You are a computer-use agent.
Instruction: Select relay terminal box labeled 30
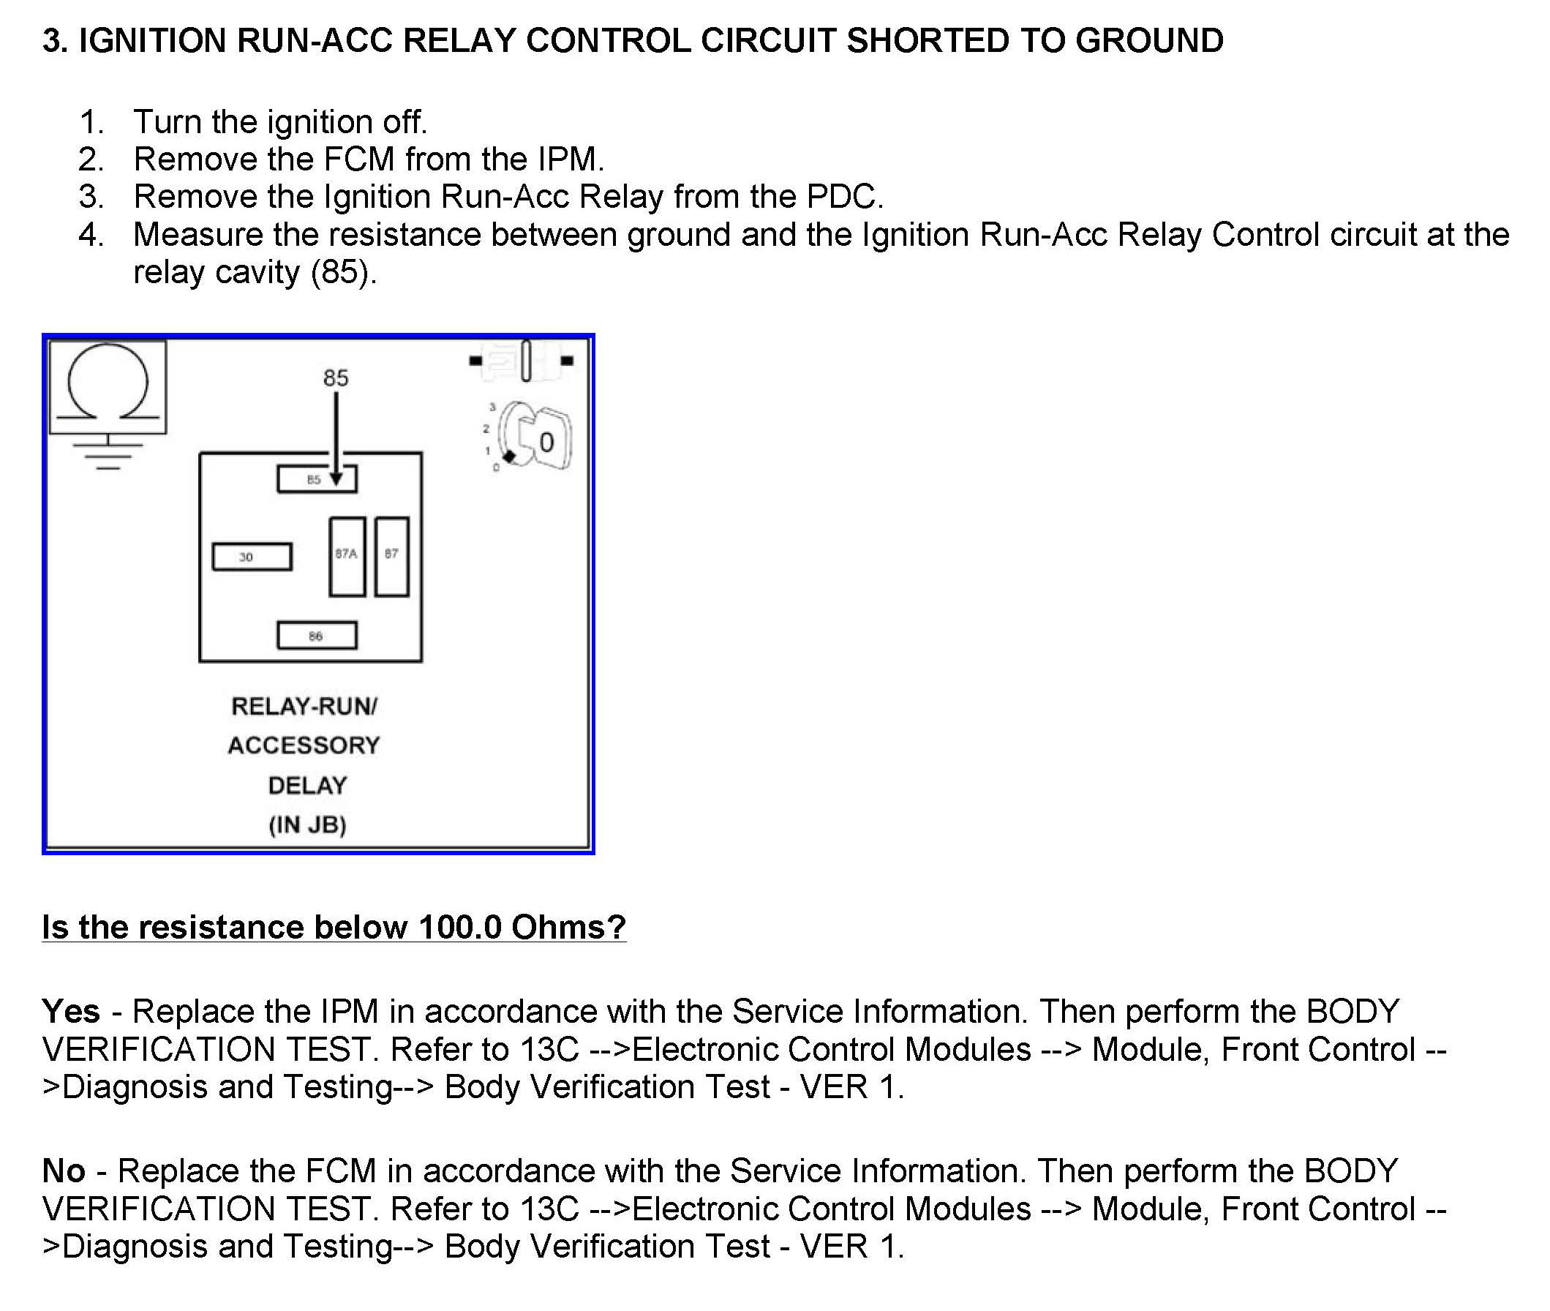click(x=252, y=557)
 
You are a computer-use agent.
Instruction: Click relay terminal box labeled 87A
click(x=347, y=557)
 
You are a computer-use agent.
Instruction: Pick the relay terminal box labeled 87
click(x=391, y=557)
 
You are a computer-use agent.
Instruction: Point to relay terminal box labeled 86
click(x=317, y=636)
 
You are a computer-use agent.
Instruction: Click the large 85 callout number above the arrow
click(x=336, y=377)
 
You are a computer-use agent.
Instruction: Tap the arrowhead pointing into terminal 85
click(x=336, y=479)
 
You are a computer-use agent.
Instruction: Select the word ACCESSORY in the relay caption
click(x=304, y=745)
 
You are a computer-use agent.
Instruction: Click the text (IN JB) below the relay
click(x=308, y=824)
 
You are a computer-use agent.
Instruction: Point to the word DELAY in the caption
click(x=308, y=785)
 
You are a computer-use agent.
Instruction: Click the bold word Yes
click(x=71, y=1011)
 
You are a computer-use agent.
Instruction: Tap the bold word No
click(x=64, y=1170)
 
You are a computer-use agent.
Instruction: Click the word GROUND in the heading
click(x=1148, y=40)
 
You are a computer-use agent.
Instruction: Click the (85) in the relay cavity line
click(x=339, y=272)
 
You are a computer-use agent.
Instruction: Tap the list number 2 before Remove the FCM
click(x=90, y=159)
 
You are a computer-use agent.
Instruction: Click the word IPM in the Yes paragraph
click(x=349, y=1011)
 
